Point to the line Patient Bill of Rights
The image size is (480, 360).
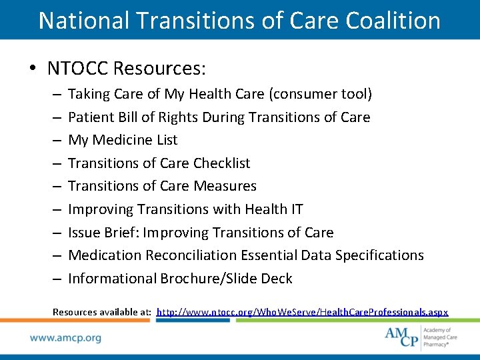click(219, 117)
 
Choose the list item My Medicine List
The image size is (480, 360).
click(123, 140)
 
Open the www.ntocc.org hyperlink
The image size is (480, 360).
click(302, 312)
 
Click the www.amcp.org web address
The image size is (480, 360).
click(65, 338)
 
